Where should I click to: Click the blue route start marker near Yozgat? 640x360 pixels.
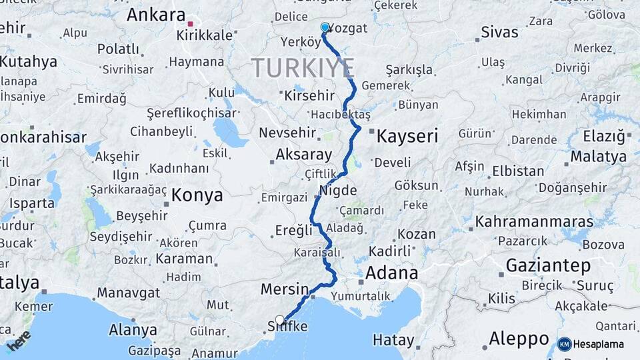[325, 27]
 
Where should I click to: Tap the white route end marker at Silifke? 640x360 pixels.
[280, 319]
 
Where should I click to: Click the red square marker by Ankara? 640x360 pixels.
[191, 24]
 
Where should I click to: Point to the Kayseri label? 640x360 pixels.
[407, 137]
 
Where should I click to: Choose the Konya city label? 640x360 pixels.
[197, 195]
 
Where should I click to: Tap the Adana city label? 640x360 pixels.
[391, 273]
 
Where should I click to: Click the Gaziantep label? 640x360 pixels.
[548, 265]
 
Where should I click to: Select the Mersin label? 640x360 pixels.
[284, 289]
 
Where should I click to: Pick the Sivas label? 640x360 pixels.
[499, 32]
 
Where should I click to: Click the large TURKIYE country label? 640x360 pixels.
[303, 68]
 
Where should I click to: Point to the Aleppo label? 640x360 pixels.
[519, 339]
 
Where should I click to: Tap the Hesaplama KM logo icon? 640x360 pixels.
[565, 344]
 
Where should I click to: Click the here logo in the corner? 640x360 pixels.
[18, 340]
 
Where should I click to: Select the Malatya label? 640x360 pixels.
[599, 157]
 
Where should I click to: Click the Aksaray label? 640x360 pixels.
[304, 155]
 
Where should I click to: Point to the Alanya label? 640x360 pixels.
[133, 330]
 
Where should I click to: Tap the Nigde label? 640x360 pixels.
[338, 190]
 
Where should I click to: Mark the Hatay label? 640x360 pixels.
[393, 340]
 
